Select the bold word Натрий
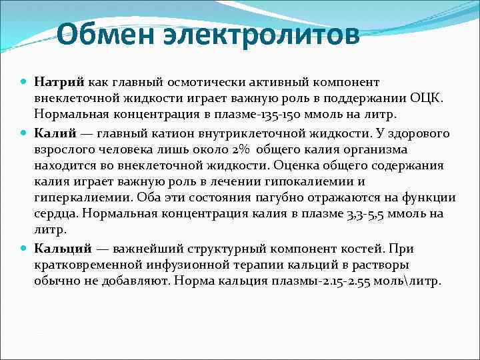(x=59, y=82)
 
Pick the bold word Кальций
(x=63, y=249)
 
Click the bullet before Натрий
(x=25, y=82)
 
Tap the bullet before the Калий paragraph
(x=25, y=134)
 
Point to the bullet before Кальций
(x=25, y=249)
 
